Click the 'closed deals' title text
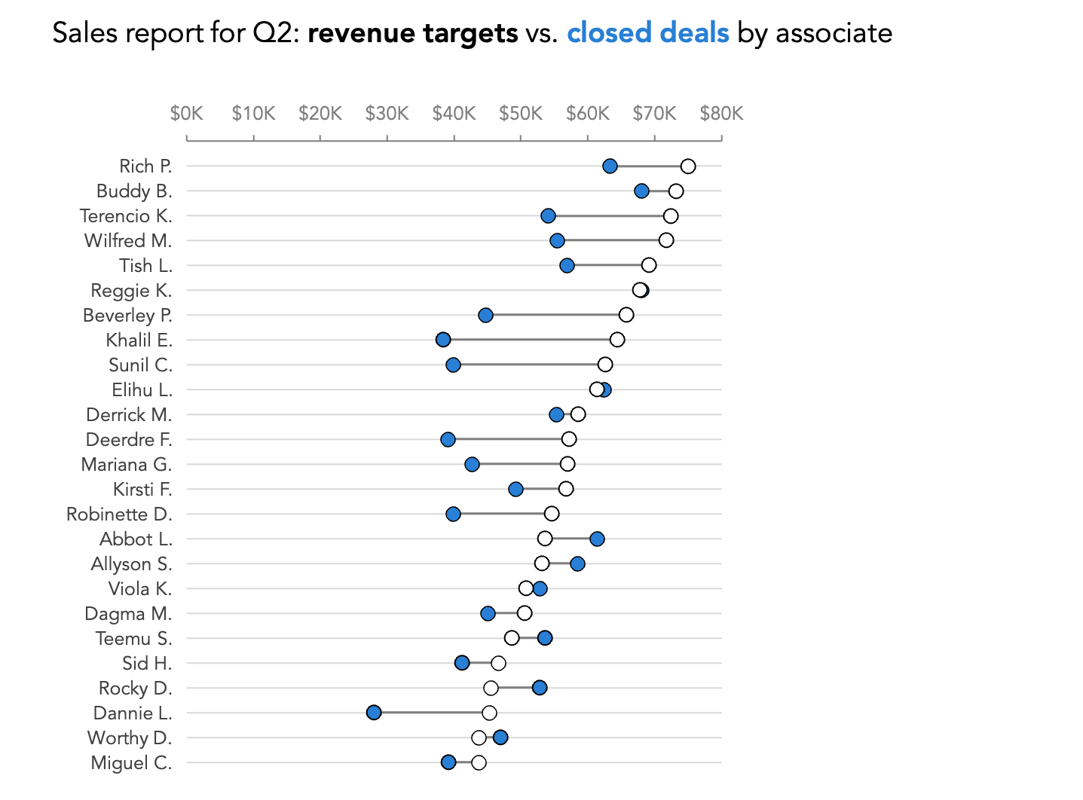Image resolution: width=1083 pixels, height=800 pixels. (648, 33)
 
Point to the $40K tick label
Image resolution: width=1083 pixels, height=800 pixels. (454, 114)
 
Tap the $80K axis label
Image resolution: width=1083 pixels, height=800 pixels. (721, 114)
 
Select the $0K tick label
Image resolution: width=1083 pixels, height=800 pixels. (186, 114)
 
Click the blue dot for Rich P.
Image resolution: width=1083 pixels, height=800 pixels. (610, 166)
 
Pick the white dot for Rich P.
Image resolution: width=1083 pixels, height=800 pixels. (687, 166)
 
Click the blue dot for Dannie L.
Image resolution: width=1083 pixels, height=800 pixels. (374, 713)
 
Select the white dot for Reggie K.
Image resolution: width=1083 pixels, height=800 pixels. (640, 290)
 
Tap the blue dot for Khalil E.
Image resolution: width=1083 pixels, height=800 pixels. (443, 340)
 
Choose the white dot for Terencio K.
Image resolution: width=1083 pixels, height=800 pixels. (670, 216)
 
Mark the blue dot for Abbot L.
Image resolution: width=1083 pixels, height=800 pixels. (597, 539)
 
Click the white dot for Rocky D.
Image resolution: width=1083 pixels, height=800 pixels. (491, 688)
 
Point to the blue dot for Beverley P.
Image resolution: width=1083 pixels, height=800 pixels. (485, 315)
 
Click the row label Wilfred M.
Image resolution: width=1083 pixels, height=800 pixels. (128, 241)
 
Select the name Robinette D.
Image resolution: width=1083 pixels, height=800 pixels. (119, 515)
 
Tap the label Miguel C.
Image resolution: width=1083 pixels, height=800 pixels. (131, 762)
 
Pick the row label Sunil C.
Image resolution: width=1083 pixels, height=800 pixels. (140, 365)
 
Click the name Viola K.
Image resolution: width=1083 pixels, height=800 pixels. (140, 589)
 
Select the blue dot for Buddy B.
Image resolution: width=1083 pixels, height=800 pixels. (641, 191)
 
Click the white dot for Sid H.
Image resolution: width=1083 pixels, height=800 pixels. (498, 663)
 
